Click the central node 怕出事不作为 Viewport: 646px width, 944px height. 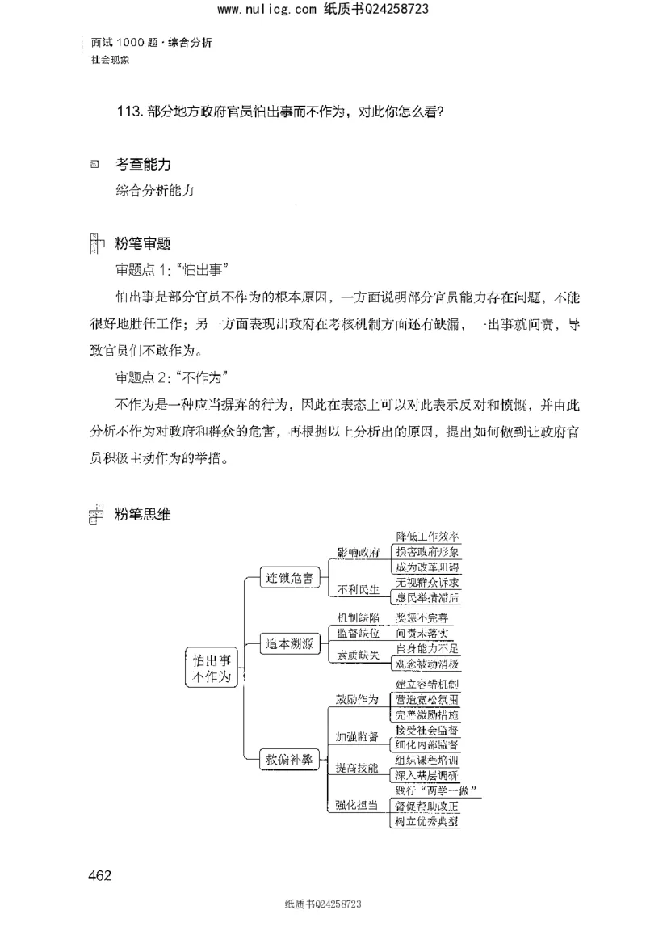coord(212,668)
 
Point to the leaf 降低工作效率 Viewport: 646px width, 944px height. coord(427,537)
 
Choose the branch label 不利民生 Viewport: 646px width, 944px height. coord(358,590)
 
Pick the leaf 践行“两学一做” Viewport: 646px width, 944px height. coord(434,790)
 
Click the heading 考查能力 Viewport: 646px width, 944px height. coord(142,164)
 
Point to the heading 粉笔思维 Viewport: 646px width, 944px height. coord(142,513)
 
